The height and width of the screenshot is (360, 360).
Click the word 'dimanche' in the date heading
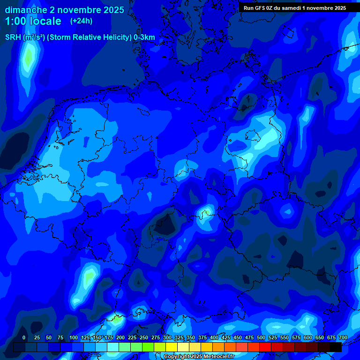[25, 10]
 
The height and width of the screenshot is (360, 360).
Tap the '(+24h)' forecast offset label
[81, 21]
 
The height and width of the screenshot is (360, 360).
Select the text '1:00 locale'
[33, 21]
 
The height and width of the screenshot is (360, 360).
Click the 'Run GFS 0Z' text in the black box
[261, 8]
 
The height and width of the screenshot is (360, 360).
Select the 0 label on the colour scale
[24, 337]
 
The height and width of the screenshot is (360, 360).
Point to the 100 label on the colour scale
[74, 337]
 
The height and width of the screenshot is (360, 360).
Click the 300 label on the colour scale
[167, 337]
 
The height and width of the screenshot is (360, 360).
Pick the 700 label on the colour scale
[343, 337]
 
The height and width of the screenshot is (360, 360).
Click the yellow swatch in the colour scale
[172, 347]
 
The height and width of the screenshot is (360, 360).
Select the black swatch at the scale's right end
[336, 347]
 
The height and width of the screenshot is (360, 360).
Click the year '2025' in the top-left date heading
[113, 10]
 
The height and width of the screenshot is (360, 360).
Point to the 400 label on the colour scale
[214, 337]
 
